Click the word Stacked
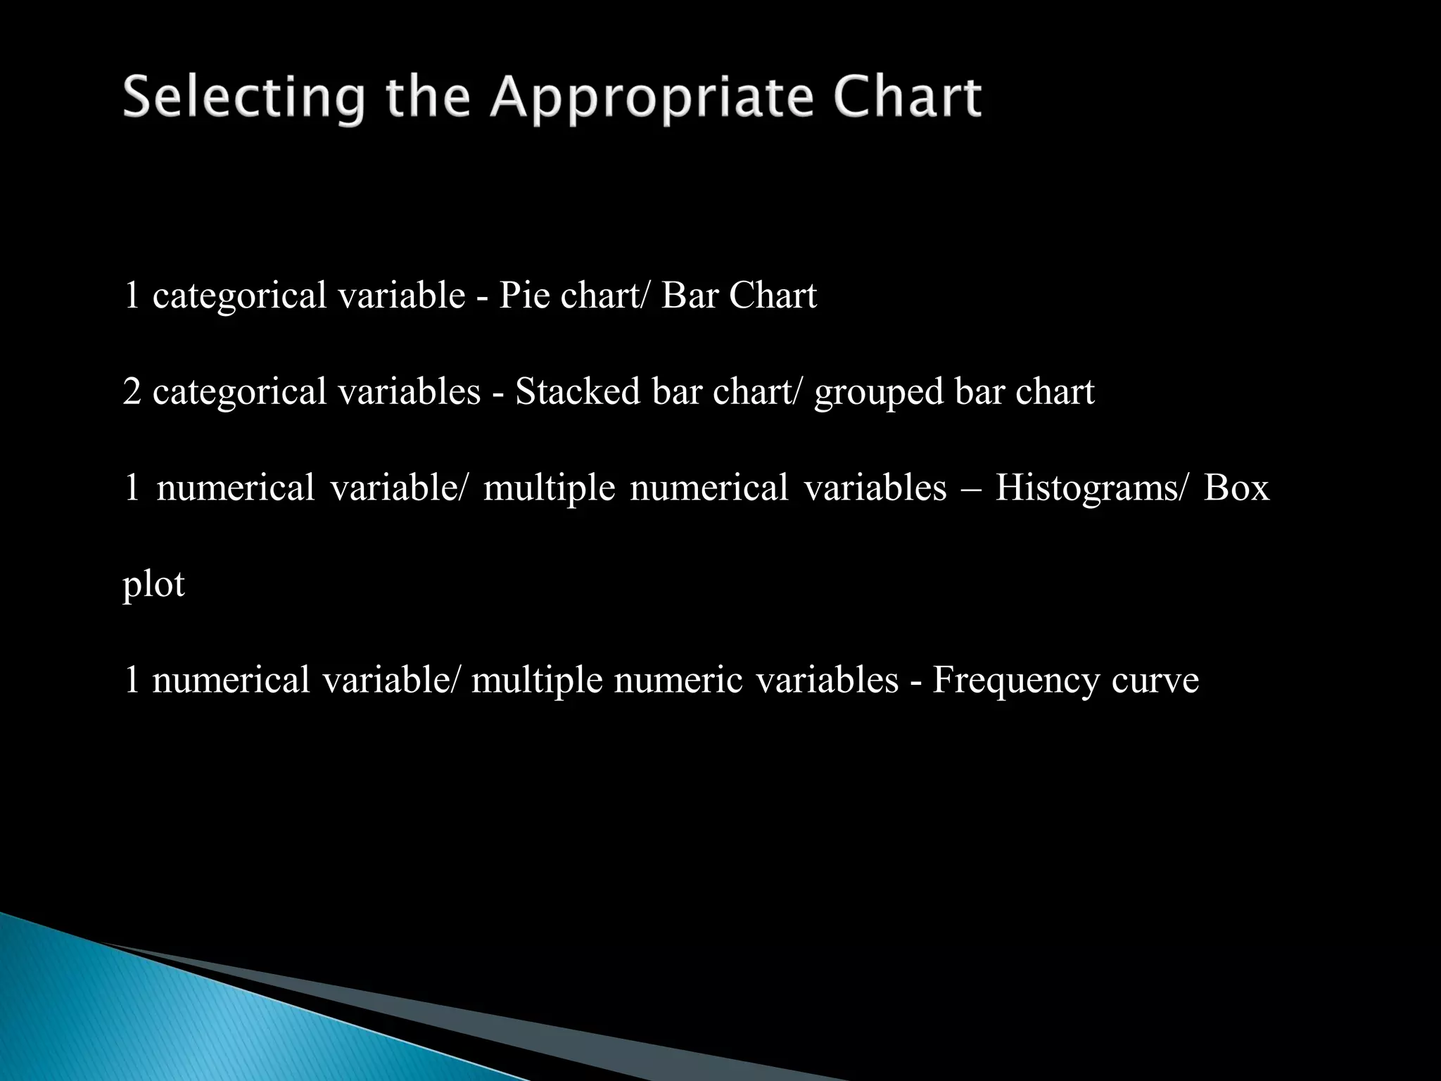577,391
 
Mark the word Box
1236,487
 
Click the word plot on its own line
153,585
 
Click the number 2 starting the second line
132,391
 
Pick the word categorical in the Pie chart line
239,296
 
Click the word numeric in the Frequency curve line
678,680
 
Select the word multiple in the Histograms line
549,488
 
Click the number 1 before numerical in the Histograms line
132,488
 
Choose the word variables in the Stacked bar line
409,391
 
